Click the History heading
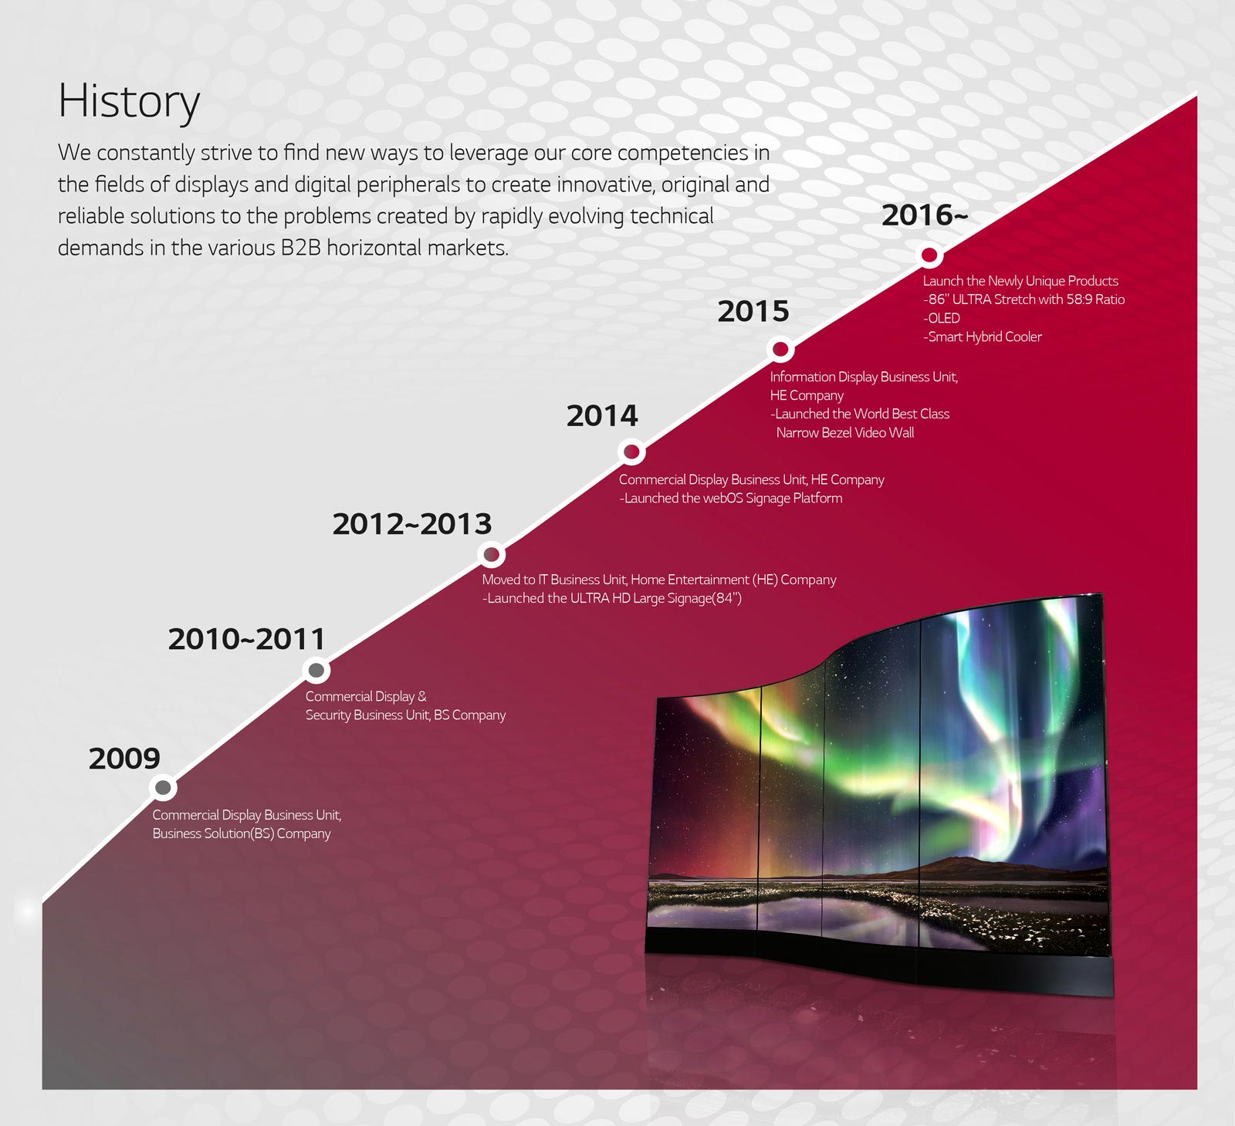point(129,102)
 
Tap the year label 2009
point(124,758)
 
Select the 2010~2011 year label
point(247,639)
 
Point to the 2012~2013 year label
point(412,524)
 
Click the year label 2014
point(602,416)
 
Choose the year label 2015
point(753,311)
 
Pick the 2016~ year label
point(925,215)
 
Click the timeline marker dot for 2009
point(163,788)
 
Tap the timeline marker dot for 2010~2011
point(316,670)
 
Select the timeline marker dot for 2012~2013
point(491,554)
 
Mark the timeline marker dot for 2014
point(631,451)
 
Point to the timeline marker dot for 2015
point(780,350)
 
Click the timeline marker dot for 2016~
point(929,255)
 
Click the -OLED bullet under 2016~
point(942,318)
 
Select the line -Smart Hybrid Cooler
point(983,336)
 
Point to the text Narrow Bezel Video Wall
point(845,432)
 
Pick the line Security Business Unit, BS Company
point(405,715)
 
